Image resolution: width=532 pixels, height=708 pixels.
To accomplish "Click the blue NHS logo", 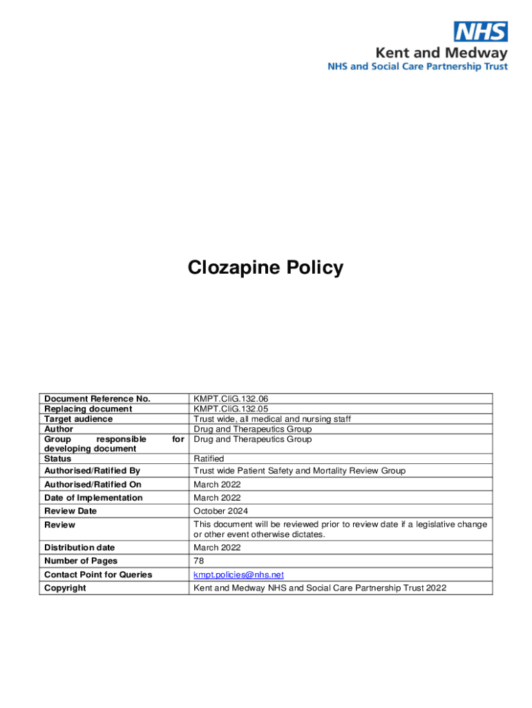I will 480,31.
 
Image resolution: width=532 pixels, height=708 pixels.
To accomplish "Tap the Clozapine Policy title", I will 265,268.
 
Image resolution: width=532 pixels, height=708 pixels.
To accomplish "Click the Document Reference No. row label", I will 97,398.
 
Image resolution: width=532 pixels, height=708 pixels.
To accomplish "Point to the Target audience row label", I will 78,419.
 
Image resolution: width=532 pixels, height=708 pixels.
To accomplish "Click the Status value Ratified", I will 209,458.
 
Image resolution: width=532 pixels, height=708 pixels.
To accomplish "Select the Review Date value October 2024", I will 220,511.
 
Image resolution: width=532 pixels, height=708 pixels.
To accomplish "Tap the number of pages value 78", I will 199,561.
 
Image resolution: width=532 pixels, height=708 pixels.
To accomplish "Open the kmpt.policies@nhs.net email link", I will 238,575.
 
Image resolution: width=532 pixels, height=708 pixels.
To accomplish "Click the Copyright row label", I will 65,588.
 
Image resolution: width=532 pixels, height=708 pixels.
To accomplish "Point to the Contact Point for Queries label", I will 98,575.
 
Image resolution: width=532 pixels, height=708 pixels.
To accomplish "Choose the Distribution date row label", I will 79,548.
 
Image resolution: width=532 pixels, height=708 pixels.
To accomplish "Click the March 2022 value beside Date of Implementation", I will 217,498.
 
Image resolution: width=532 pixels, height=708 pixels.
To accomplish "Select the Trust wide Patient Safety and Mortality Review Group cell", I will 299,471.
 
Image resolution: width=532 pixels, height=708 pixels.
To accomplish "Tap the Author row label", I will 59,429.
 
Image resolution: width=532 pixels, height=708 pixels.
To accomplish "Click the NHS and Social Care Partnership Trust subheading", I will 417,66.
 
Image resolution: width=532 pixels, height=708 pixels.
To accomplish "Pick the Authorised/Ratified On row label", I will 93,485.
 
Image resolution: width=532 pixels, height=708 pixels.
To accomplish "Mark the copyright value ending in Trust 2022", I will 320,588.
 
